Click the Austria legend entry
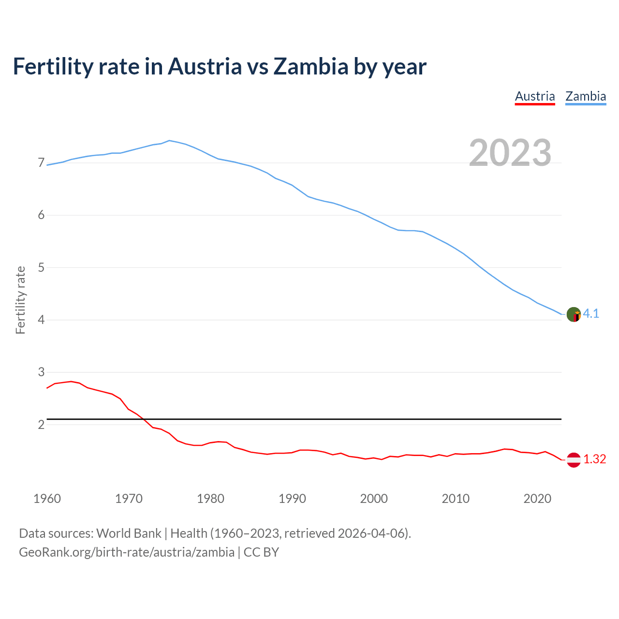[x=535, y=96]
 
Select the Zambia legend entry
[x=586, y=96]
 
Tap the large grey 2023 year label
[x=510, y=153]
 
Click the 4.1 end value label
[x=591, y=313]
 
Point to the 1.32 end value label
[x=594, y=459]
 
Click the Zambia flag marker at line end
[x=574, y=314]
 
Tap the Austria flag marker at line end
[x=574, y=460]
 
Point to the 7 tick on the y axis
[x=41, y=163]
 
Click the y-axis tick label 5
[x=41, y=267]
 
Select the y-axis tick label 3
[x=41, y=372]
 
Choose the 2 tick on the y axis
[x=41, y=425]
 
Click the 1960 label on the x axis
[x=47, y=499]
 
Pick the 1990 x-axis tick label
[x=292, y=499]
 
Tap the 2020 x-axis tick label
[x=537, y=499]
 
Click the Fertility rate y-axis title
[x=20, y=300]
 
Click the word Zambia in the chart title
[x=310, y=66]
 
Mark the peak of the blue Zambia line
[x=169, y=141]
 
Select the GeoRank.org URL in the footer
[x=127, y=552]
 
